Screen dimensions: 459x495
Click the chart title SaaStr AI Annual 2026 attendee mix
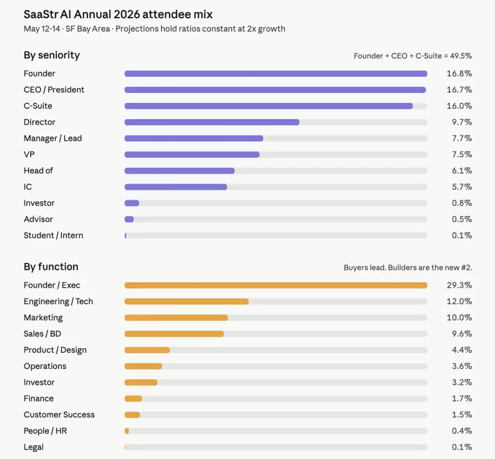118,14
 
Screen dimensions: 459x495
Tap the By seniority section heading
51,55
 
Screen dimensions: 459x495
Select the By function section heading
51,267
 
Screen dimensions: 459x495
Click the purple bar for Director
212,122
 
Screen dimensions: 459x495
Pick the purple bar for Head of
179,171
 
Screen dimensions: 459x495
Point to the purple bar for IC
176,187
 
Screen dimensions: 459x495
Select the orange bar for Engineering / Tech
186,301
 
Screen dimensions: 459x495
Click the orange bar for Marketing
176,318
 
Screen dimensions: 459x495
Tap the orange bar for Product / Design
147,350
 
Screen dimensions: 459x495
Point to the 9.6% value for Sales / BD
461,334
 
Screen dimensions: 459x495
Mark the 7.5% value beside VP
461,154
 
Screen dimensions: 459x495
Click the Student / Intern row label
53,235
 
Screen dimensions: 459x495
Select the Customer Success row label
59,414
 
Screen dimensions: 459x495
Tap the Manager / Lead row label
52,138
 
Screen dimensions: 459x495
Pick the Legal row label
34,447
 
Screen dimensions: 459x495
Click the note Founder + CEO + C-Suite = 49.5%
412,56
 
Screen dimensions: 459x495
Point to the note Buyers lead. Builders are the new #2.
408,268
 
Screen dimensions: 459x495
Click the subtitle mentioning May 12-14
154,29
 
